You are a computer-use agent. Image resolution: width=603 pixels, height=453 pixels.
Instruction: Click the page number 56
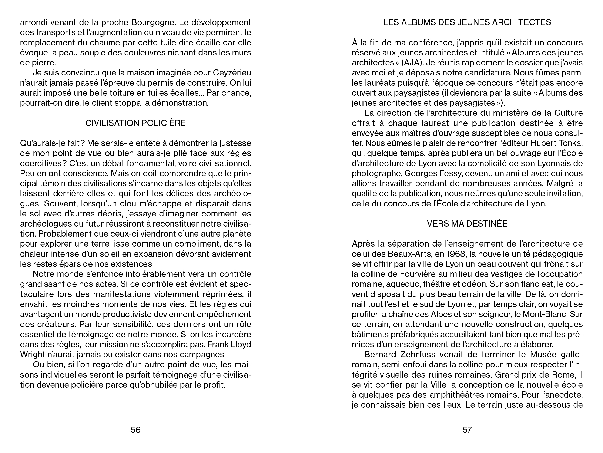[x=135, y=430]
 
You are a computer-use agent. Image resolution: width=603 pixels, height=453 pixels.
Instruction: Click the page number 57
[x=467, y=430]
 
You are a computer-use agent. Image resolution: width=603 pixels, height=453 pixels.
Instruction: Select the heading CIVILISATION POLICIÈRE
[x=135, y=123]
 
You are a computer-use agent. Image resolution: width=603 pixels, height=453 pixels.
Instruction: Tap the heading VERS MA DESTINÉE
[x=467, y=224]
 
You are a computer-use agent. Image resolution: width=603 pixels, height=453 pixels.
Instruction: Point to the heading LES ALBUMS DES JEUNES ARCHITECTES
[x=467, y=22]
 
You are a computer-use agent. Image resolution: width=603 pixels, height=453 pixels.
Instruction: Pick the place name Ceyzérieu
[x=232, y=73]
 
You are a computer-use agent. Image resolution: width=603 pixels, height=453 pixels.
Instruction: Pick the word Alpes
[x=441, y=314]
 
